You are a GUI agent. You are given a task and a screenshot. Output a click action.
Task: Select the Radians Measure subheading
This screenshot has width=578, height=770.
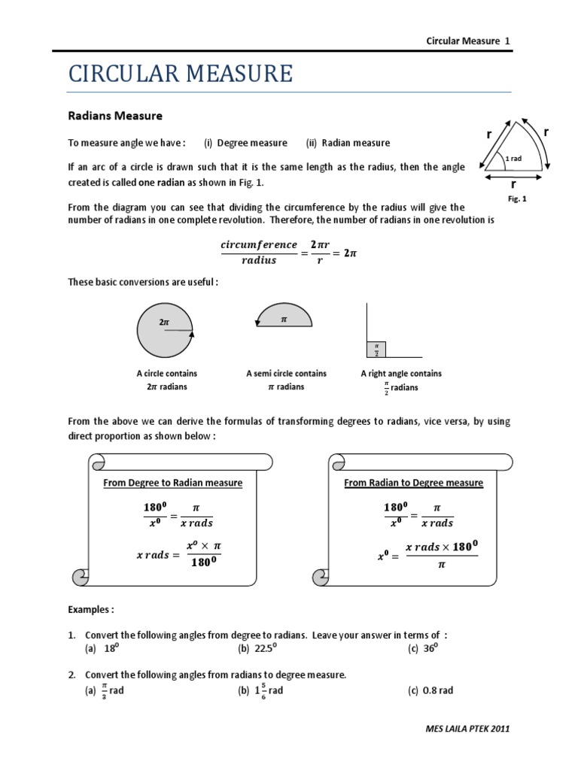pos(115,116)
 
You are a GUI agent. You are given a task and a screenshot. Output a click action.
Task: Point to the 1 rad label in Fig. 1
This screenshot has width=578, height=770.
pos(513,159)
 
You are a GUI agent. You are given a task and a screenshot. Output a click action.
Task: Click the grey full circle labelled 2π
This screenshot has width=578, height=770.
pos(166,329)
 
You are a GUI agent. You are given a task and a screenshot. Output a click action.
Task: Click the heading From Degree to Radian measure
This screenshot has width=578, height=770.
pos(172,483)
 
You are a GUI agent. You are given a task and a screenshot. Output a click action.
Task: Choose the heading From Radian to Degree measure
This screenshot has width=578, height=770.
pos(413,483)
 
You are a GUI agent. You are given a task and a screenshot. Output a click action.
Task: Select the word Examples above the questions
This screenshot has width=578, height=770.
pos(90,609)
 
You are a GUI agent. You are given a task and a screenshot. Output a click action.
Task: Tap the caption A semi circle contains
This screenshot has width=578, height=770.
pos(286,373)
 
